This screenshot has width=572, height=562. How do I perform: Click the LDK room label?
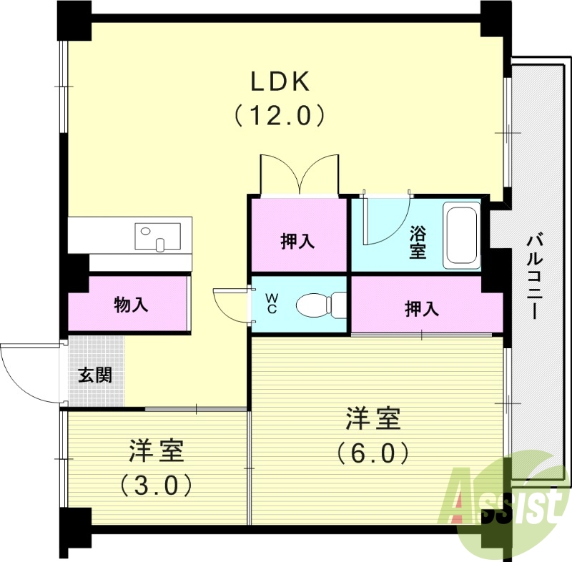pos(279,82)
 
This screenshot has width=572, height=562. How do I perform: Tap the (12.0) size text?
pos(280,115)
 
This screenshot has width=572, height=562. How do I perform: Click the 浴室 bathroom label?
pos(418,242)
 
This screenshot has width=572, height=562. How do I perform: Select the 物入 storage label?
pos(131,305)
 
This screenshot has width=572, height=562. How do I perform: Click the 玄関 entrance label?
pos(95,374)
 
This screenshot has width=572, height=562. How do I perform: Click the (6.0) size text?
pos(373,453)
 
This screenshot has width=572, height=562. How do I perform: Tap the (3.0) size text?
pos(157,486)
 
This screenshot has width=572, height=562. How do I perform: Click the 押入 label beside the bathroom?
pos(297,241)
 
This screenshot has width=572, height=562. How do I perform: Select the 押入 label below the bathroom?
pos(422,309)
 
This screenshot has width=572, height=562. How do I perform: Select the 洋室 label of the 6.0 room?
pos(373,419)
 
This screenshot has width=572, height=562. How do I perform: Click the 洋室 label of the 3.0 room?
pos(157,452)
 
